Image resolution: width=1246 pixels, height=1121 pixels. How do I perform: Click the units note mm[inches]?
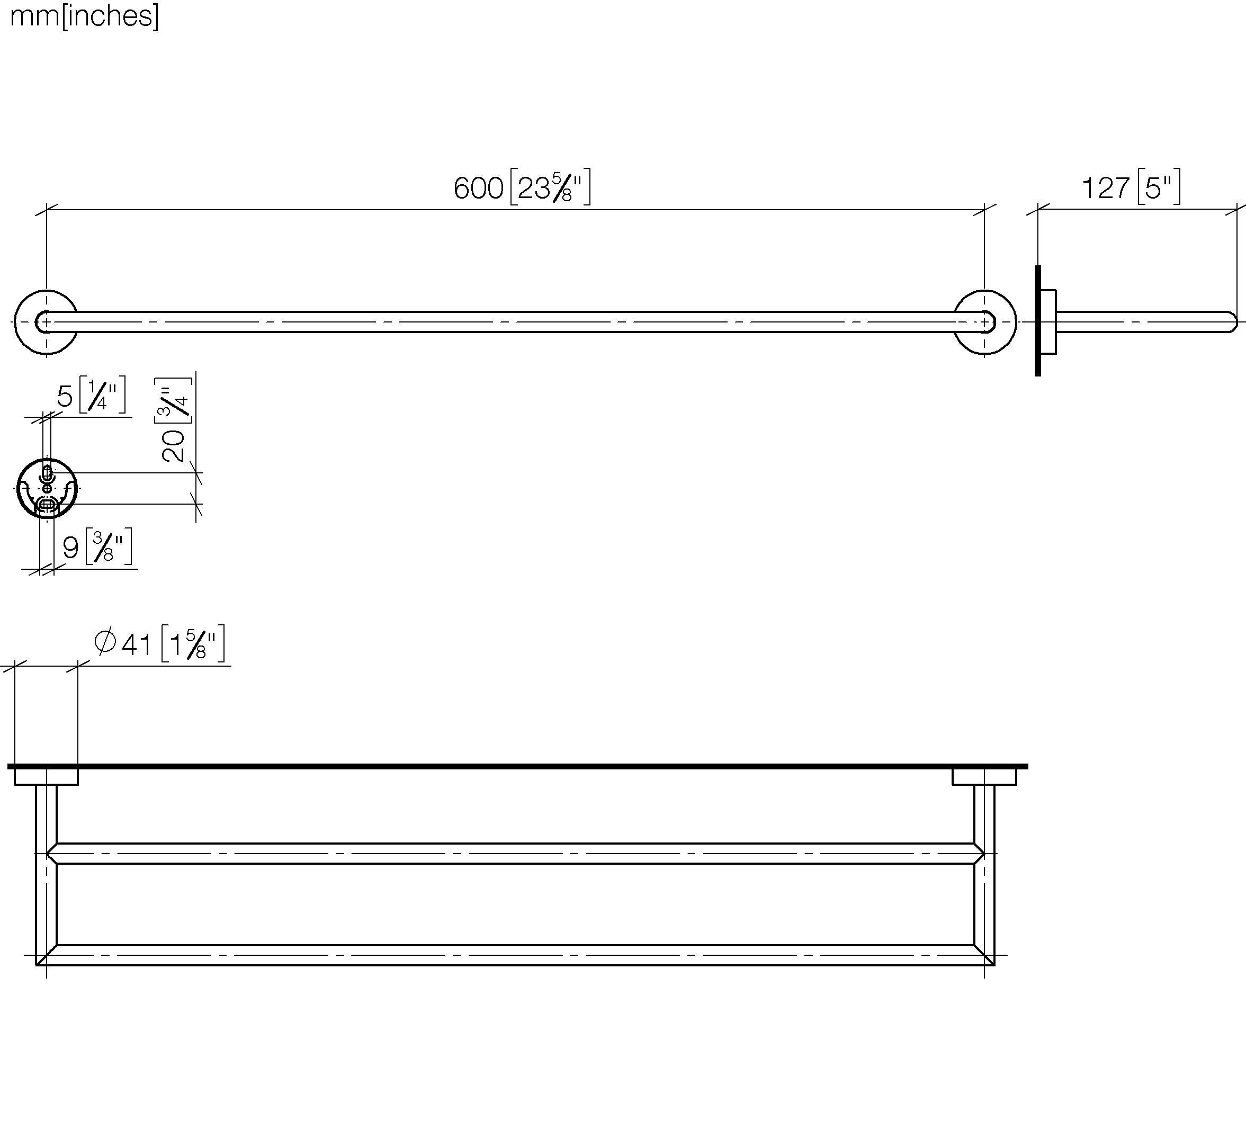[84, 16]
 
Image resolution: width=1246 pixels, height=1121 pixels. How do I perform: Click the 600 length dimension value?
[479, 188]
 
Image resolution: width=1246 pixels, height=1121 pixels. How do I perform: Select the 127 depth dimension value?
[1106, 188]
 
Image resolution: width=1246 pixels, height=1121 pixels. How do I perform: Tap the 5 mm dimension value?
[65, 397]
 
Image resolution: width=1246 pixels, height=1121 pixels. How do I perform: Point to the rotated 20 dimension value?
[173, 445]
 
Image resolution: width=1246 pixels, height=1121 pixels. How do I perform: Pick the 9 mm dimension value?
[71, 548]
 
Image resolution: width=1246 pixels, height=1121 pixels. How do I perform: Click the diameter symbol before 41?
[105, 642]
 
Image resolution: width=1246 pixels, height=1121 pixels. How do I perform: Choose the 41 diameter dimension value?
[137, 645]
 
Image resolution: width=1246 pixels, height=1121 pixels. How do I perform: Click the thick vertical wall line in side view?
[1038, 320]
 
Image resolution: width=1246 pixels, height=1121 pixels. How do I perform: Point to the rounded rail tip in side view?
[1232, 322]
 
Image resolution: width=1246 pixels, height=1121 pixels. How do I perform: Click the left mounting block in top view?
[46, 777]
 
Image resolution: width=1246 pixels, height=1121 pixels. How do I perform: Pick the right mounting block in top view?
[984, 777]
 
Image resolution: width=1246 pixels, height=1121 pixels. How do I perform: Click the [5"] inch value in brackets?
[1159, 186]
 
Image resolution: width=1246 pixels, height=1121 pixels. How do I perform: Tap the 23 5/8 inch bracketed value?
[550, 186]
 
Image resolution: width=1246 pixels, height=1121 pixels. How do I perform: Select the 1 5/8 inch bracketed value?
[193, 644]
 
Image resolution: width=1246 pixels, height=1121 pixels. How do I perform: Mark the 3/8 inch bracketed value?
[109, 546]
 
